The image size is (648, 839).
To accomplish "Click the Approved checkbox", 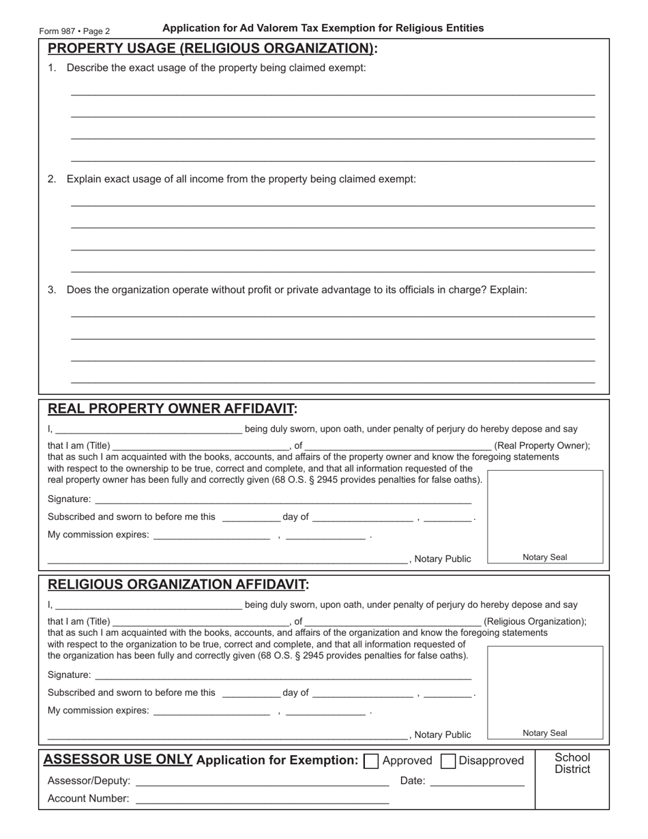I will click(x=372, y=761).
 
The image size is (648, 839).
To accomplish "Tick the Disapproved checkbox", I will click(x=448, y=761).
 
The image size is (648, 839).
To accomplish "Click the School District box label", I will click(x=572, y=763).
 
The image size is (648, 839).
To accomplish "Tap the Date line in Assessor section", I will click(x=477, y=782).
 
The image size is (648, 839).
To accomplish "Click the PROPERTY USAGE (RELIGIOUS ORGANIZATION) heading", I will click(x=212, y=48).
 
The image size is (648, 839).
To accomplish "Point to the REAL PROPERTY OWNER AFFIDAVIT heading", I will click(x=172, y=409).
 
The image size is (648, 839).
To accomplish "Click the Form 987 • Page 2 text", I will click(x=74, y=31).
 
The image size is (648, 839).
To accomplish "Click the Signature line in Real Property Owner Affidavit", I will click(x=282, y=499).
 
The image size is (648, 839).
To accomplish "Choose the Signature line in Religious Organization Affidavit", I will click(x=282, y=675).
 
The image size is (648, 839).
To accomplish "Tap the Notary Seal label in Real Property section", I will click(x=544, y=557).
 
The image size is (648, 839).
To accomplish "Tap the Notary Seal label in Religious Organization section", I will click(x=544, y=733).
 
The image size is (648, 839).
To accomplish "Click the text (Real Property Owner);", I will click(x=542, y=446).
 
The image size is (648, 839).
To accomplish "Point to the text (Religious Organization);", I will click(x=535, y=622).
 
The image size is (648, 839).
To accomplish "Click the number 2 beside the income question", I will click(x=52, y=179).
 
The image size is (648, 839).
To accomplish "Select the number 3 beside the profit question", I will click(x=52, y=290).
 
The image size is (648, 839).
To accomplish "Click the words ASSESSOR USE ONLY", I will click(x=117, y=760).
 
